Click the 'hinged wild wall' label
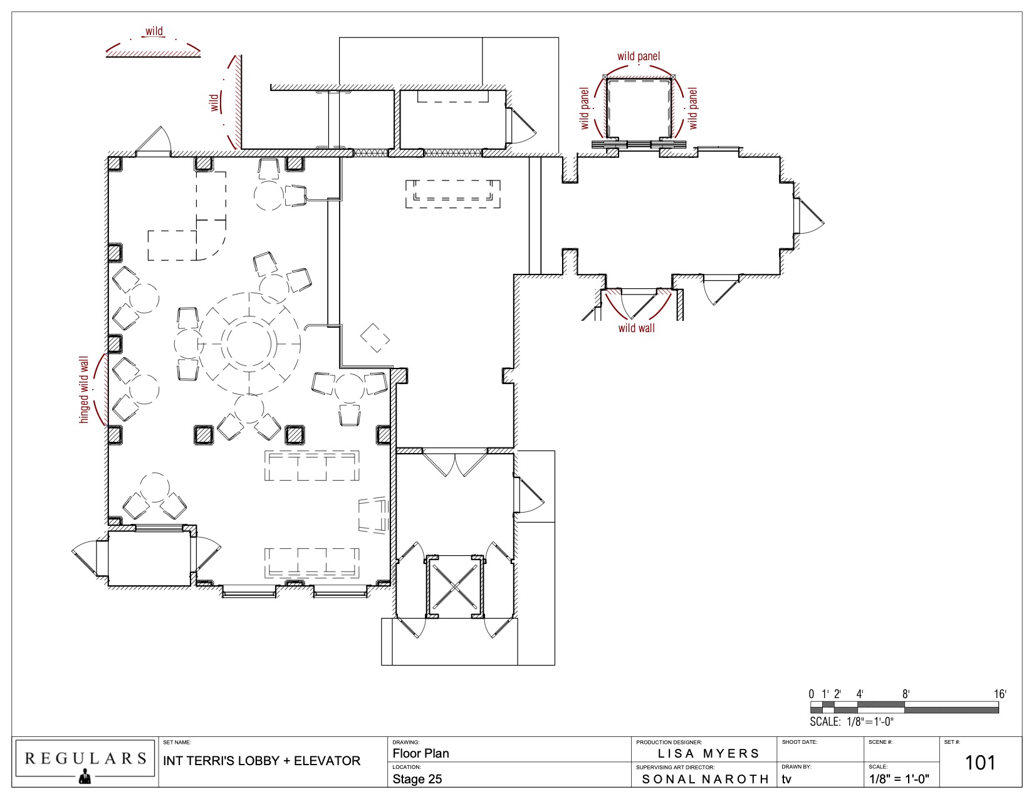coord(84,389)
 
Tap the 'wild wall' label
coord(636,328)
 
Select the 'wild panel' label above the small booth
coord(639,56)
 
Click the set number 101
coord(979,763)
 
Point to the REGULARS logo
coord(85,761)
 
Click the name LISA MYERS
coord(708,753)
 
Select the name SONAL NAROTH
coord(705,779)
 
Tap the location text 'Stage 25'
coord(417,779)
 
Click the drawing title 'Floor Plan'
coord(420,753)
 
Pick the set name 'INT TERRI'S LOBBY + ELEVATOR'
coord(262,761)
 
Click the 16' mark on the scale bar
coord(1000,694)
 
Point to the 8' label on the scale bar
coord(906,694)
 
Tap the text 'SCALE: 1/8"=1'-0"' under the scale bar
coord(852,721)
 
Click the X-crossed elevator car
coord(456,587)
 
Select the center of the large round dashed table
coord(249,343)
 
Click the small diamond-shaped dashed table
coord(375,338)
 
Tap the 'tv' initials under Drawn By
coord(786,779)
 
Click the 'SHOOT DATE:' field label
coord(800,742)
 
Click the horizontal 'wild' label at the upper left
coord(154,31)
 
